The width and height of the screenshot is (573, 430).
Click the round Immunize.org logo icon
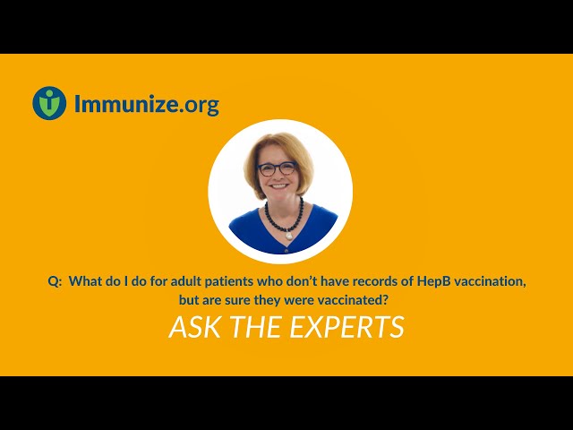pos(49,103)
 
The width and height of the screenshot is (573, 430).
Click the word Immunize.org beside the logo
pos(147,104)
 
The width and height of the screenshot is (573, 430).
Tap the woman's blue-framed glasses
pos(278,168)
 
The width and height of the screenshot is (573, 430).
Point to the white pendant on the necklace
pos(288,236)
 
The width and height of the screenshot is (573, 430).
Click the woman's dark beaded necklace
pos(284,218)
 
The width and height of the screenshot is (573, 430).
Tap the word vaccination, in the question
pos(490,281)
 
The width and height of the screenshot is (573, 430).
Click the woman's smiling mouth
pos(279,186)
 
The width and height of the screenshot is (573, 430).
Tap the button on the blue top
pos(286,251)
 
